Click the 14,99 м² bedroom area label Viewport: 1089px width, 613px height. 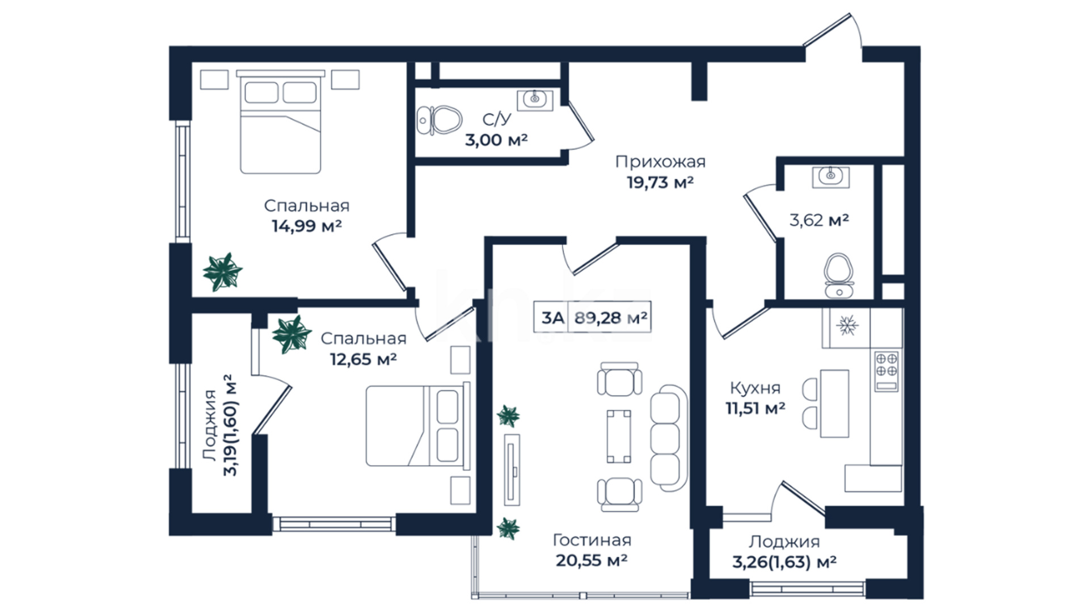(307, 226)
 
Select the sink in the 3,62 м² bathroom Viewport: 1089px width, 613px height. (831, 177)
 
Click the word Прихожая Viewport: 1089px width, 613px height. (661, 162)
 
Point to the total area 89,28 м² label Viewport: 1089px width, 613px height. (611, 317)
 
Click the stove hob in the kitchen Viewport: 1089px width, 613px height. (887, 371)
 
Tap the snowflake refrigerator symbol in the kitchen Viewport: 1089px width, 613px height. (848, 326)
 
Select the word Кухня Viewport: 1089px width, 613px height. (755, 388)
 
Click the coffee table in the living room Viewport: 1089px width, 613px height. (619, 436)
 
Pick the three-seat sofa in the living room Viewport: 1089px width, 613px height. (668, 438)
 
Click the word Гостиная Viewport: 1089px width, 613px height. (592, 540)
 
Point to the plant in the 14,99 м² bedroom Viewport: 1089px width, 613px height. (222, 272)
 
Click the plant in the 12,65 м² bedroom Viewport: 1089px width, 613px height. (292, 334)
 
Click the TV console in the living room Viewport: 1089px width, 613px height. (513, 469)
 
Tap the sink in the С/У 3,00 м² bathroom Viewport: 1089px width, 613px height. (534, 100)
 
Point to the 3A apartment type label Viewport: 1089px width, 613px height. (552, 318)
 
